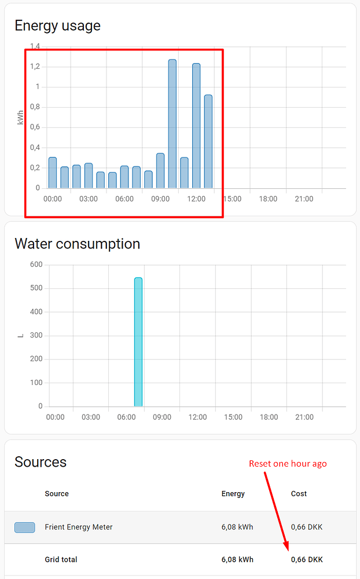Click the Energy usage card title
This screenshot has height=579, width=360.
pyautogui.click(x=57, y=25)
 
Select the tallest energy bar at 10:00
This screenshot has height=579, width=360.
pyautogui.click(x=172, y=124)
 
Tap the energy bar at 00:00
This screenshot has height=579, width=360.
pyautogui.click(x=52, y=173)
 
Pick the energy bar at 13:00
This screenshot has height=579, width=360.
pyautogui.click(x=208, y=142)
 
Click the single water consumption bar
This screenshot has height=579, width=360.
pyautogui.click(x=138, y=342)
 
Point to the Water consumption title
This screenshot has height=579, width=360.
pyautogui.click(x=77, y=244)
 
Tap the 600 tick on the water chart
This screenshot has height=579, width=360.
pyautogui.click(x=36, y=265)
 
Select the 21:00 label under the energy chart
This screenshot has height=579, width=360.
pyautogui.click(x=303, y=199)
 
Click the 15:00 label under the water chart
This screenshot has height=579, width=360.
pyautogui.click(x=233, y=417)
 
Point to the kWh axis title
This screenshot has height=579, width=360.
pyautogui.click(x=21, y=118)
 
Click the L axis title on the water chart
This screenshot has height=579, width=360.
pyautogui.click(x=21, y=335)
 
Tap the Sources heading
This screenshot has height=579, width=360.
pyautogui.click(x=41, y=462)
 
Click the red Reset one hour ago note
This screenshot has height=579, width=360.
pyautogui.click(x=288, y=463)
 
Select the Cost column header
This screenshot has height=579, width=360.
pyautogui.click(x=299, y=494)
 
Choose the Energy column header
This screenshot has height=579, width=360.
pyautogui.click(x=233, y=494)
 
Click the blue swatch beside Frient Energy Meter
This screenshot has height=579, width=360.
pyautogui.click(x=24, y=527)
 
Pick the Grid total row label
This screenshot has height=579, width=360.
pyautogui.click(x=61, y=559)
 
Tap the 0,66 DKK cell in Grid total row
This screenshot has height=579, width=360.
pyautogui.click(x=307, y=559)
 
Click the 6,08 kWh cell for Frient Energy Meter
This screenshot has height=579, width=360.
pyautogui.click(x=237, y=527)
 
